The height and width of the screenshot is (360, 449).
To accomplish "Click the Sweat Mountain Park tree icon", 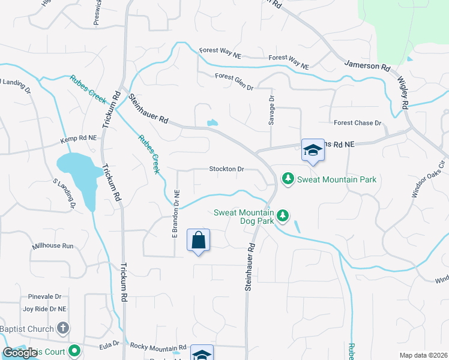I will coord(289,179).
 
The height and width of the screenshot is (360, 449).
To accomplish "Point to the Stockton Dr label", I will coord(226,169).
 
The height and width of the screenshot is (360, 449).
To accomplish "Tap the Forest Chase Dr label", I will coord(358,123).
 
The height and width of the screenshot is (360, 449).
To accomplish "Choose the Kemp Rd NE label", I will coord(78,139).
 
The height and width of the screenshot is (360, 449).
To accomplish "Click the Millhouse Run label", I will coord(53,246).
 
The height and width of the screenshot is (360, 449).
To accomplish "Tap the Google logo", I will coord(20,353).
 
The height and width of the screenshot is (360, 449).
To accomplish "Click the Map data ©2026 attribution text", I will coord(424,355).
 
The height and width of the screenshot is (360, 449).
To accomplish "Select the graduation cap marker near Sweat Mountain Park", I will coord(313,151).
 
